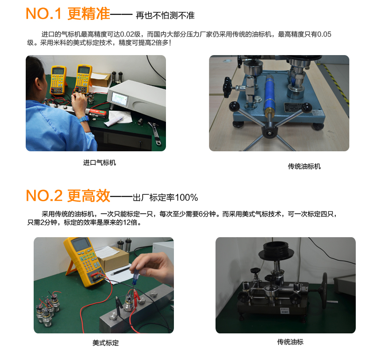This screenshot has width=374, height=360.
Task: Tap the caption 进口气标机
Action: (99, 163)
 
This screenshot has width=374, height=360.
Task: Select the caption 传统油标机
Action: (304, 166)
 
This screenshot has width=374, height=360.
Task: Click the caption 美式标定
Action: (106, 343)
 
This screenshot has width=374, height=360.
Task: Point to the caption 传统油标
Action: (290, 342)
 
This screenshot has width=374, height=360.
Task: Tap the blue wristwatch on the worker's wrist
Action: (84, 119)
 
